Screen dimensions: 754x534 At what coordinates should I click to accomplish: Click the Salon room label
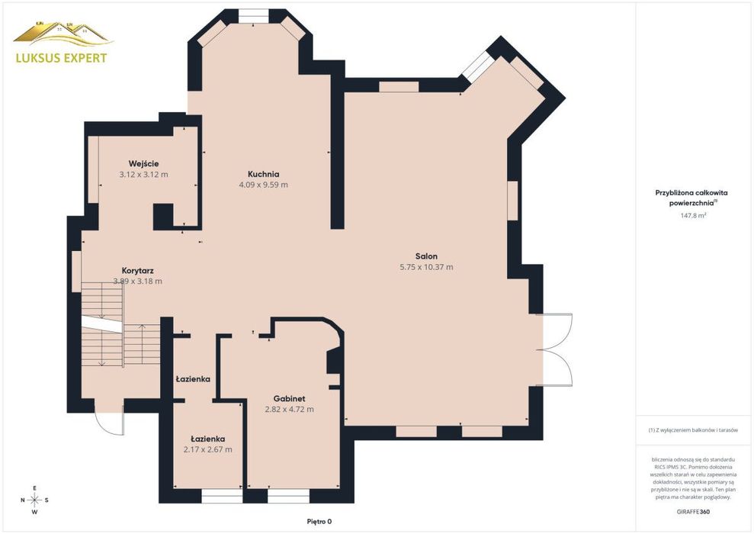(x=426, y=256)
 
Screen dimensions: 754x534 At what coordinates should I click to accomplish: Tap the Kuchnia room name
(x=264, y=174)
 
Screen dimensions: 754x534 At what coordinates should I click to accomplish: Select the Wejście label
(x=143, y=163)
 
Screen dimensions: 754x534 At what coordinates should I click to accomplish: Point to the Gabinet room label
(x=289, y=399)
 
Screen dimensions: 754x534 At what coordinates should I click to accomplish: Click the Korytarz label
(x=137, y=271)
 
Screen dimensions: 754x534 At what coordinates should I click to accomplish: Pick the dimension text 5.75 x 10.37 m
(x=426, y=267)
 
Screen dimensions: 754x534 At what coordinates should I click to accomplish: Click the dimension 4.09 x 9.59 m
(x=264, y=185)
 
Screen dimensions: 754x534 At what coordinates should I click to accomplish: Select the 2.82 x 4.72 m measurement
(x=289, y=410)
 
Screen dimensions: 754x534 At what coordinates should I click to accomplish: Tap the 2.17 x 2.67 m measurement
(x=207, y=450)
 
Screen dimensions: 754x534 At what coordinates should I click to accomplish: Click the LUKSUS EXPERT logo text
(x=62, y=58)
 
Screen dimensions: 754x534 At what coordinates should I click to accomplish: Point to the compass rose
(x=34, y=500)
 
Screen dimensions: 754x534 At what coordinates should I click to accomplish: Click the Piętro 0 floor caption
(x=319, y=522)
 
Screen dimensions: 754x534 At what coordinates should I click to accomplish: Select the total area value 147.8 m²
(x=693, y=216)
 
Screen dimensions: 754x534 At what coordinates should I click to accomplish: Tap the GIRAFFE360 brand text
(x=693, y=512)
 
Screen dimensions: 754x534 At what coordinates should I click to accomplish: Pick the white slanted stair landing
(x=101, y=323)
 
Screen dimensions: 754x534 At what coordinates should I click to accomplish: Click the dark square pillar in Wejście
(x=163, y=217)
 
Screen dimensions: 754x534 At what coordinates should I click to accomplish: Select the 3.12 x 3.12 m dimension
(x=143, y=175)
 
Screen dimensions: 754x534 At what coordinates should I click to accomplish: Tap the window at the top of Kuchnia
(x=254, y=15)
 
